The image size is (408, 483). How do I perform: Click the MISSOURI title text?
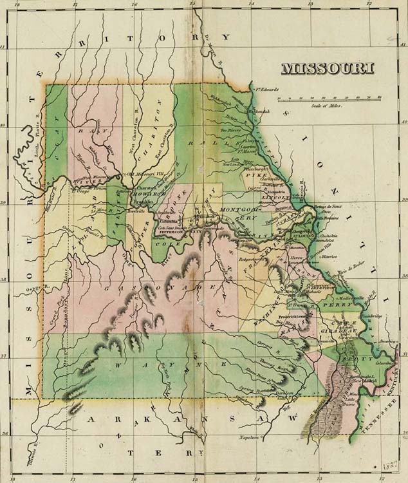[327, 68]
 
